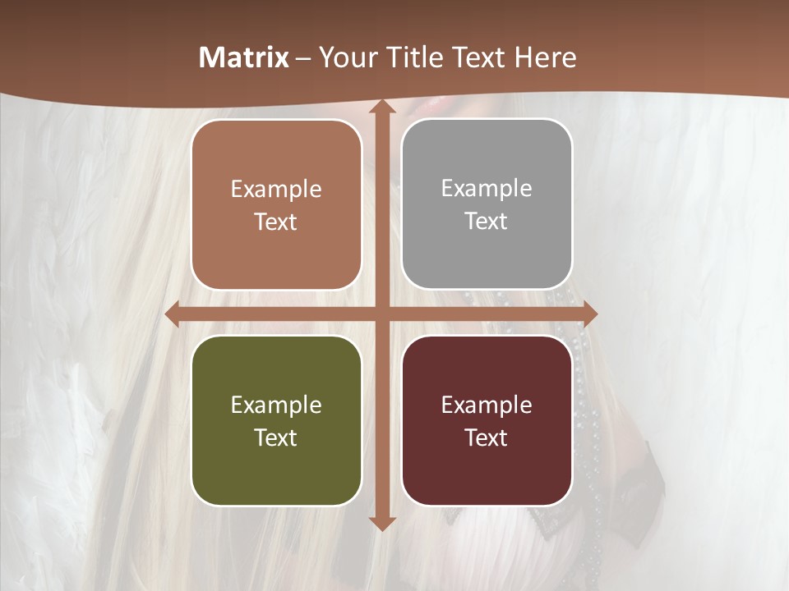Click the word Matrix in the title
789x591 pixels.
pyautogui.click(x=244, y=57)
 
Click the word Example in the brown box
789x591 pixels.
pyautogui.click(x=276, y=190)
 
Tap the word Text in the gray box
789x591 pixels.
pyautogui.click(x=487, y=222)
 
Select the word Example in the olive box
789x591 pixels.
pyautogui.click(x=276, y=405)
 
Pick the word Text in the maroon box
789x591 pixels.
pyautogui.click(x=487, y=438)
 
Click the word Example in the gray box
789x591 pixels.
pyautogui.click(x=487, y=189)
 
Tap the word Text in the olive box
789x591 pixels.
pyautogui.click(x=276, y=438)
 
